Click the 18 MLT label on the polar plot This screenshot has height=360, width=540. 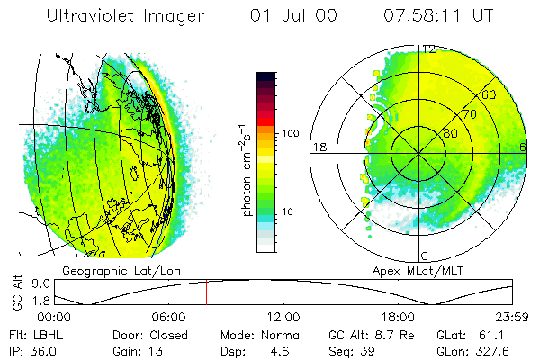[x=319, y=147]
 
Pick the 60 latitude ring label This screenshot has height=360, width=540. [x=489, y=94]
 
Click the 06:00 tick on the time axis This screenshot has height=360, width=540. [x=169, y=318]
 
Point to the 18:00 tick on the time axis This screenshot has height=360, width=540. [x=398, y=318]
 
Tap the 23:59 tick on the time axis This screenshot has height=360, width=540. [x=512, y=318]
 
